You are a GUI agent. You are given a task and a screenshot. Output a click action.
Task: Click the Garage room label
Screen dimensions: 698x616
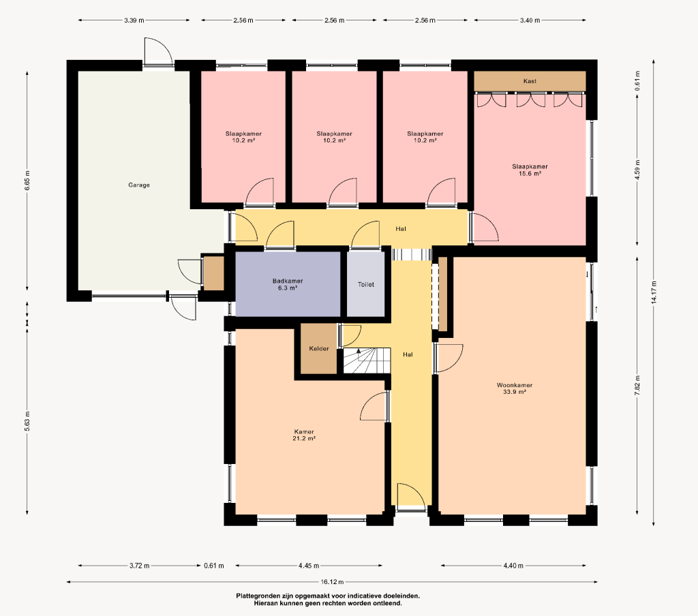[x=139, y=185]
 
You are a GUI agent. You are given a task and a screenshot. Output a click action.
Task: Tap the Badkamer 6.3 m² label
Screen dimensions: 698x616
[x=288, y=284]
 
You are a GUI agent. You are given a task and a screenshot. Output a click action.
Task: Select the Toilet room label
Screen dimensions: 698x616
[x=366, y=284]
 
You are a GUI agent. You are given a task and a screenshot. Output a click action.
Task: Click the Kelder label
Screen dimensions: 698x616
[x=319, y=348]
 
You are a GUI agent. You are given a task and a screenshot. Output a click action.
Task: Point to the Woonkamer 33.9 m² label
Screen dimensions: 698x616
[x=514, y=388]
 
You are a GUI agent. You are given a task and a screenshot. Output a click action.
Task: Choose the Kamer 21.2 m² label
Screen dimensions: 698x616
[x=304, y=435]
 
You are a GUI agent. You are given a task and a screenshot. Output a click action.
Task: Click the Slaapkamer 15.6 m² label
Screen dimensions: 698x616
[x=530, y=170]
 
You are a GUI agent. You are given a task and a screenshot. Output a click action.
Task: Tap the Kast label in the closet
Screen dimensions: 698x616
[x=530, y=81]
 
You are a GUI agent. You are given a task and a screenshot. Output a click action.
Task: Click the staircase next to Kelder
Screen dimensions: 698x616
[x=367, y=360]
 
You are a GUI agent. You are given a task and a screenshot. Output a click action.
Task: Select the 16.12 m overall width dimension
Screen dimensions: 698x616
[x=332, y=582]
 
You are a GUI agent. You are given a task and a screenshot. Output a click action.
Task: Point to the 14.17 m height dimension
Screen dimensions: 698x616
[x=654, y=292]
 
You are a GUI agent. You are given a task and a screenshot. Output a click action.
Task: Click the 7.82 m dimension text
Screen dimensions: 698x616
[x=637, y=386]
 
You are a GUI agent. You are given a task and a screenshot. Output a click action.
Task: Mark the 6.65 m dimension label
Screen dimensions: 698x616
[x=27, y=181]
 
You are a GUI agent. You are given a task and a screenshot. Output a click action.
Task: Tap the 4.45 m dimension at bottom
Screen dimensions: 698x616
[x=309, y=566]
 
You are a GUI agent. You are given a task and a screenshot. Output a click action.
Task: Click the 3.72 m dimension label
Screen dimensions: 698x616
[x=139, y=566]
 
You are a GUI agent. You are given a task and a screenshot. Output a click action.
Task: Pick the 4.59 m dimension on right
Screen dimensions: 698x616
[x=637, y=170]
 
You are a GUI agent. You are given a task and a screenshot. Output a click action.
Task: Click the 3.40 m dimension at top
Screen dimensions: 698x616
[x=530, y=20]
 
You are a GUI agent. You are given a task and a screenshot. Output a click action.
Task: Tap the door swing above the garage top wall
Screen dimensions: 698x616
[x=158, y=50]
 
